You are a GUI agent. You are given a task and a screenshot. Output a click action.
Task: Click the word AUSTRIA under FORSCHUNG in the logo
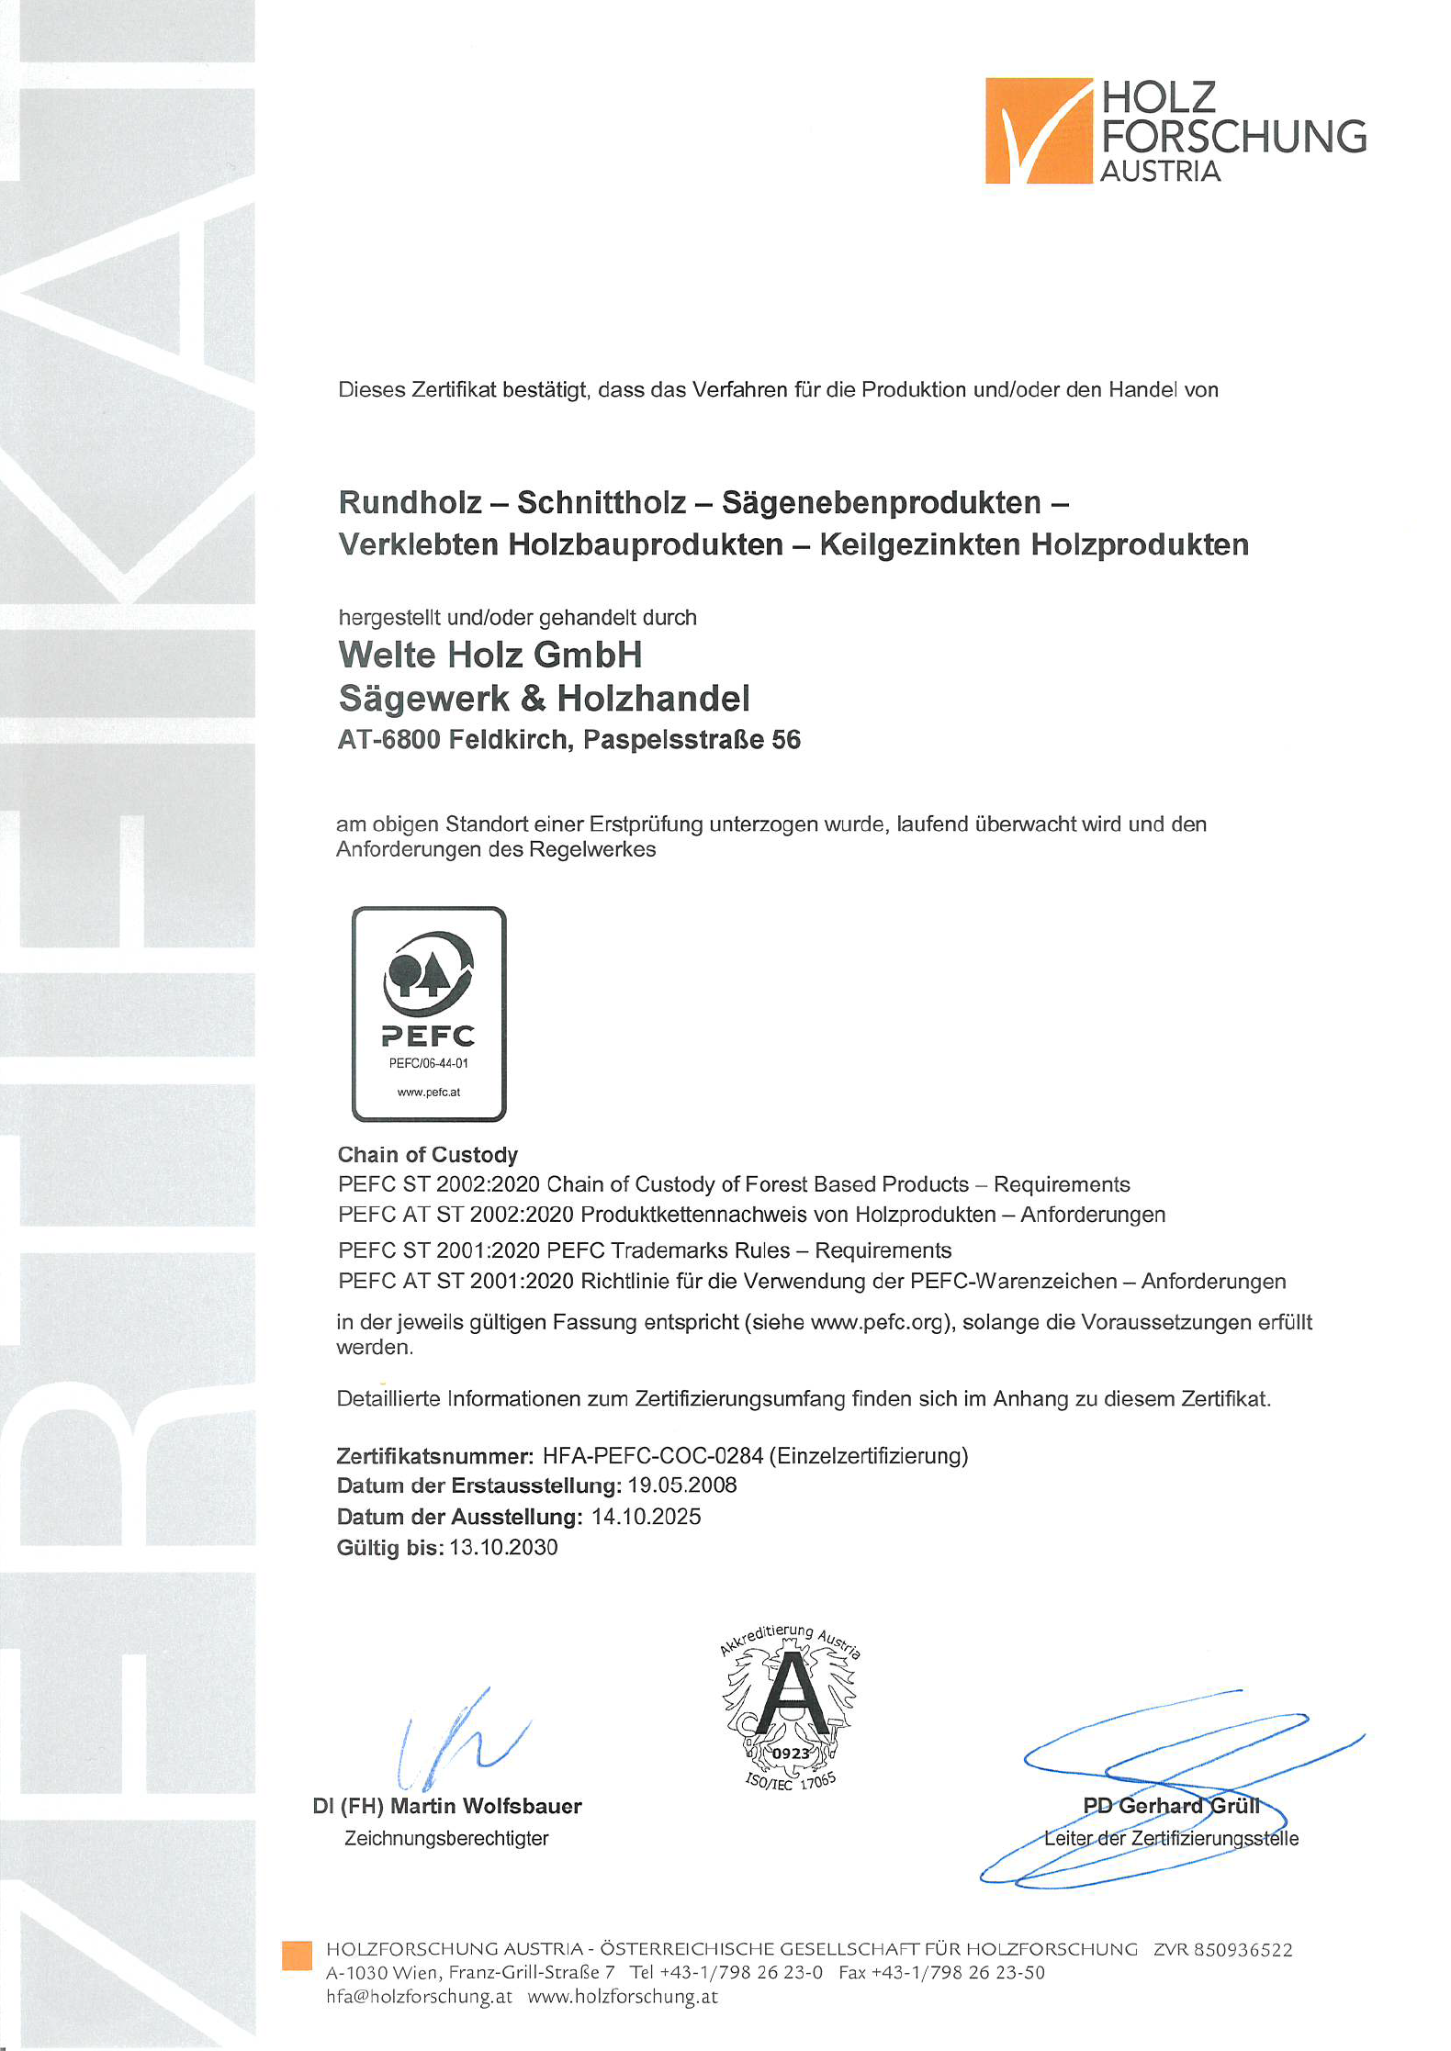[1160, 172]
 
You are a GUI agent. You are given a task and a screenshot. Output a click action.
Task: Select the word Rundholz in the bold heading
[410, 502]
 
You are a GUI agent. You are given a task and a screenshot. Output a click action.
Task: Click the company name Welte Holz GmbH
[490, 655]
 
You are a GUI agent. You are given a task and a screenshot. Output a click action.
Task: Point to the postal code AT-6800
[388, 739]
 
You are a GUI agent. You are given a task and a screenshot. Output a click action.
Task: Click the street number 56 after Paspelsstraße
[785, 739]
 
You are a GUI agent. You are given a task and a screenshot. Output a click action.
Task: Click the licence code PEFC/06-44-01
[428, 1063]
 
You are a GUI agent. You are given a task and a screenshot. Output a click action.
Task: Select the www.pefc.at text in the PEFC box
[428, 1093]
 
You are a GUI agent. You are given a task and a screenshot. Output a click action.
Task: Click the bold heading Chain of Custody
[428, 1154]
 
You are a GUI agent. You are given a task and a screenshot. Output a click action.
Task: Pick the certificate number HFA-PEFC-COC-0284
[653, 1455]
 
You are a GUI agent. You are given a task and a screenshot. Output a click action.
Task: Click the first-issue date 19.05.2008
[682, 1485]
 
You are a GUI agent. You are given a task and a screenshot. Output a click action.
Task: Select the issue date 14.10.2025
[646, 1517]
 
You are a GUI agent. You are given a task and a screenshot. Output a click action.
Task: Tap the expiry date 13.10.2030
[503, 1547]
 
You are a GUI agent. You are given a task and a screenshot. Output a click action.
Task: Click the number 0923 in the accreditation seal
[791, 1753]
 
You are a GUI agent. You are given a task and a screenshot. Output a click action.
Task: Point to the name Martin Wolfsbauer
[486, 1806]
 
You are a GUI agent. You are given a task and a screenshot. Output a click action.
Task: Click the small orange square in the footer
[297, 1956]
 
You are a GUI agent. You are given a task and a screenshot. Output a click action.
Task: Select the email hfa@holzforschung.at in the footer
[419, 1996]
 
